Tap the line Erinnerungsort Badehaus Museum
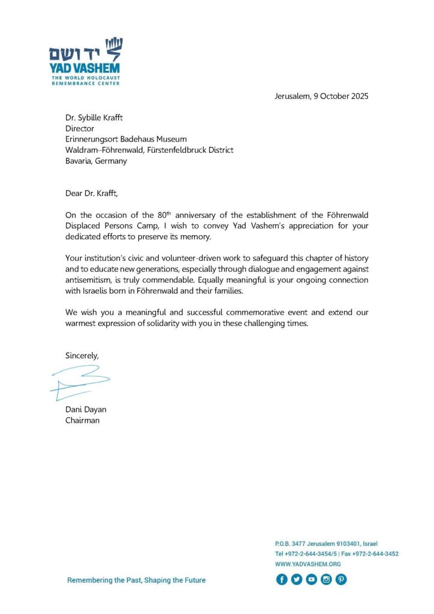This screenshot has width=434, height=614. [126, 139]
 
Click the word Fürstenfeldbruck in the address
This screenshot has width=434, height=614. [170, 150]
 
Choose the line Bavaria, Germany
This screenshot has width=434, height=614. [96, 161]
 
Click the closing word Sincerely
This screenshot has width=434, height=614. [82, 356]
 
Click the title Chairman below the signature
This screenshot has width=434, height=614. [83, 420]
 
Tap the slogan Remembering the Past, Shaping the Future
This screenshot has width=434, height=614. [136, 580]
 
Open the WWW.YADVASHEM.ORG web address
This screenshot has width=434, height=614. [308, 564]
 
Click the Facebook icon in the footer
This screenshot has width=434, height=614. [281, 579]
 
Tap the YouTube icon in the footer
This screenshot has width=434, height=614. [311, 579]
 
